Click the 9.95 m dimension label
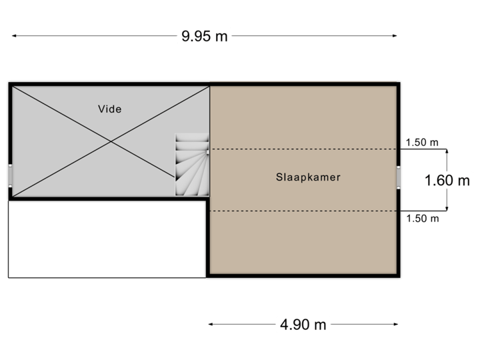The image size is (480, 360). click(x=205, y=36)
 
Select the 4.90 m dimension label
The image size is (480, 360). click(x=303, y=325)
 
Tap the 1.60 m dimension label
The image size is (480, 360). click(x=447, y=179)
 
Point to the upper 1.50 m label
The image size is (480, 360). click(x=423, y=142)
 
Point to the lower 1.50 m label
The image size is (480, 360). click(x=423, y=219)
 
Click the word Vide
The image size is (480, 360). click(x=110, y=109)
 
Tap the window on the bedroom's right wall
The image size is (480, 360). click(x=399, y=177)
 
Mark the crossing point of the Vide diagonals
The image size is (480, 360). click(x=110, y=141)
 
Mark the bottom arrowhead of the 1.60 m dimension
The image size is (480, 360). click(x=447, y=207)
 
